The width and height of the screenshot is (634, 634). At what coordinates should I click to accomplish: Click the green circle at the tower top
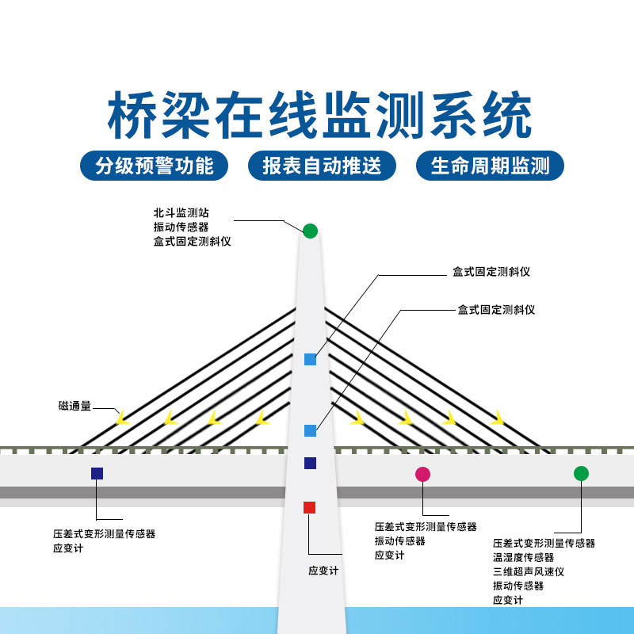[310, 231]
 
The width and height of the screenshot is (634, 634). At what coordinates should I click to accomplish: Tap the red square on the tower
[310, 507]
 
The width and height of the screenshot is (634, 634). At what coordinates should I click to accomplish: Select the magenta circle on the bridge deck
[422, 474]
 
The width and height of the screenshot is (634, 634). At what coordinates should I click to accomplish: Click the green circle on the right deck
[581, 473]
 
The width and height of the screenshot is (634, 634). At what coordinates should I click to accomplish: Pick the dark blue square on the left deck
[97, 473]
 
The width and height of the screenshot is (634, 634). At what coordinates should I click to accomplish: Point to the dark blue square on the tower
[310, 463]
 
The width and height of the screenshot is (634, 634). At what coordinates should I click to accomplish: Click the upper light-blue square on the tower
[310, 359]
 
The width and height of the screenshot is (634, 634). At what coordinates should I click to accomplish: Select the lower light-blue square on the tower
[310, 430]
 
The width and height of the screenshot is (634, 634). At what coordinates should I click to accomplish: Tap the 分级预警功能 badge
[154, 166]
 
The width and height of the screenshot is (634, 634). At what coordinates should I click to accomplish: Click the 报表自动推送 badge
[322, 166]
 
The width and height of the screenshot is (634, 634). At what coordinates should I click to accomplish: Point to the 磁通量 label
[74, 406]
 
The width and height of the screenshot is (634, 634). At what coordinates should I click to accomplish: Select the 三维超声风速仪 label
[528, 571]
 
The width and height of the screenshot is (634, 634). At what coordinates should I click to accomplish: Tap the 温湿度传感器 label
[523, 557]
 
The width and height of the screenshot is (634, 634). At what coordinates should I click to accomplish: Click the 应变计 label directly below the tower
[323, 571]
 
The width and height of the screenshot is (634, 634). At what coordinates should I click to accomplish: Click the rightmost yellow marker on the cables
[497, 416]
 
